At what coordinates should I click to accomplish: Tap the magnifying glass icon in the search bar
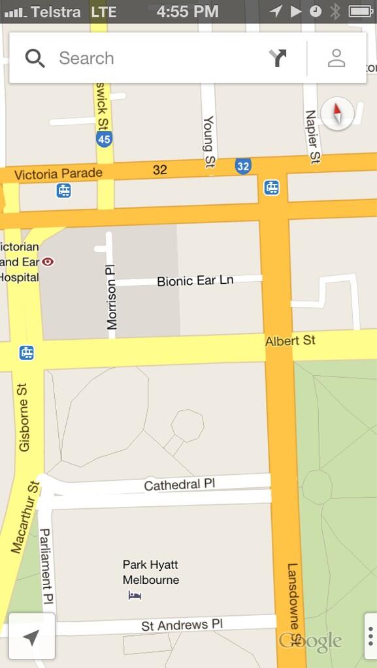tap(35, 58)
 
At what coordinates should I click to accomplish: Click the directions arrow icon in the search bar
tap(278, 58)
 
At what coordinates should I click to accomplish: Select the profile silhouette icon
tap(336, 58)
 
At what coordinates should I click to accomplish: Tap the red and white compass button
tap(338, 114)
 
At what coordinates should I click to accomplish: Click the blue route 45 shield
tap(104, 139)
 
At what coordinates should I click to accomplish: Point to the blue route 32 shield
tap(243, 166)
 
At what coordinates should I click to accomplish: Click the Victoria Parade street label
tap(58, 174)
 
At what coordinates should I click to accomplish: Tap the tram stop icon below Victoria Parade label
tap(63, 190)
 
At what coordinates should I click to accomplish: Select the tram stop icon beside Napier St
tap(272, 188)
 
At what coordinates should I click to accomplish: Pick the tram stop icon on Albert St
tap(27, 353)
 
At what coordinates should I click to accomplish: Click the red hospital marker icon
tap(48, 262)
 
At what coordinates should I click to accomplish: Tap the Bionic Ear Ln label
tap(195, 281)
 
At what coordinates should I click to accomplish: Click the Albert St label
tap(290, 341)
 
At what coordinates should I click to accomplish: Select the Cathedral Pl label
tap(179, 485)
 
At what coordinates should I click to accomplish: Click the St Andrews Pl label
tap(182, 625)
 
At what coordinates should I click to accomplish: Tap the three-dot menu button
tap(370, 636)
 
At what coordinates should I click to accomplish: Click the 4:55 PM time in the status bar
tap(188, 11)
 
